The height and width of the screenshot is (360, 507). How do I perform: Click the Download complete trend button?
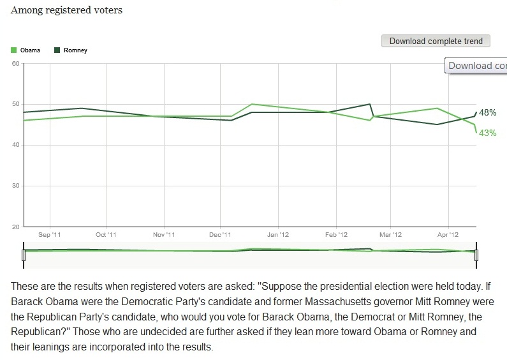coord(436,41)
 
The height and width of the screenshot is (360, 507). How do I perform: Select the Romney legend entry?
coord(71,50)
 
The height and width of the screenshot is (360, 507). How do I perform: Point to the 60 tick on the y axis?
coord(15,63)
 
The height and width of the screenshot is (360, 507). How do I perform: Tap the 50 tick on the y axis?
coord(15,104)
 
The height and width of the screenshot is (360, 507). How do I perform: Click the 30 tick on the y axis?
coord(15,186)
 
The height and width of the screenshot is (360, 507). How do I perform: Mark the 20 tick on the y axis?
coord(15,227)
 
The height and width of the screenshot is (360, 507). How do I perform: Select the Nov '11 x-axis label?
coord(164,235)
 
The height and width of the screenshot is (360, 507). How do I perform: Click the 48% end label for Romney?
coord(488,112)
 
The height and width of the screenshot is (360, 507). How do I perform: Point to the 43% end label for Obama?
coord(488,133)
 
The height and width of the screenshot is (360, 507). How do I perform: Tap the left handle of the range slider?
coord(24,255)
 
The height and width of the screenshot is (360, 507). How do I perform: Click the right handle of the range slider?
coord(476,255)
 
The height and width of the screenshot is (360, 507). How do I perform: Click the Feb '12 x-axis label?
coord(336,235)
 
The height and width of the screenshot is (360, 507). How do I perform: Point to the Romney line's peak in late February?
coord(370,104)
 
